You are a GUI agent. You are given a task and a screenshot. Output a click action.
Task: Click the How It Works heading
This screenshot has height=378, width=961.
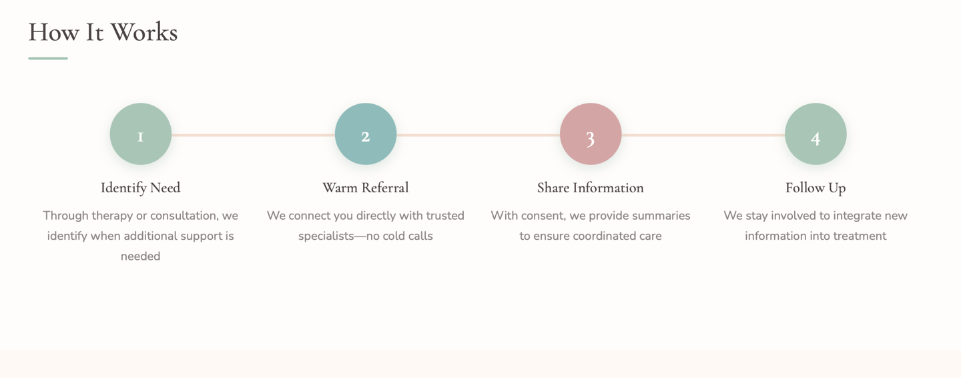103,32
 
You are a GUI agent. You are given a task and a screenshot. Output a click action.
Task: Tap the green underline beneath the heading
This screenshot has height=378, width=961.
48,59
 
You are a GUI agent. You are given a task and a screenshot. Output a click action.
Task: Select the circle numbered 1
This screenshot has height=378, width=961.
141,134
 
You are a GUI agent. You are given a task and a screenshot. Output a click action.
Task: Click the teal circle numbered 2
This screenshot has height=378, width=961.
366,134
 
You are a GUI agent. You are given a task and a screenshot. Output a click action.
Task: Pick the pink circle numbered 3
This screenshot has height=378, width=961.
591,134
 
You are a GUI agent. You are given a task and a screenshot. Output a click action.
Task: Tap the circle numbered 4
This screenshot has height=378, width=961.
816,134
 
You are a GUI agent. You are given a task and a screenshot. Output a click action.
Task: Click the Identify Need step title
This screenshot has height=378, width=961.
141,188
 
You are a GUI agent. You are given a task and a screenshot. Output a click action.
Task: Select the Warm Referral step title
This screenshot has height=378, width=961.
366,188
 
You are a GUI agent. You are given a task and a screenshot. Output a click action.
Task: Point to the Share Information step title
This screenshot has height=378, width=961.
591,188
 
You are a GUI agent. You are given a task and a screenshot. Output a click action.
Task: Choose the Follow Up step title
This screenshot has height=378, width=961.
816,188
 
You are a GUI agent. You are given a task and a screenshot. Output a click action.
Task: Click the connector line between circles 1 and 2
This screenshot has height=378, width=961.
254,135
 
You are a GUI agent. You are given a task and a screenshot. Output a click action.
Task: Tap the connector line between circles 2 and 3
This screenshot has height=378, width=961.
478,135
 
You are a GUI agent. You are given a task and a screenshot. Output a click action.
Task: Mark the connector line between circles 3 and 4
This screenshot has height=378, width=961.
703,135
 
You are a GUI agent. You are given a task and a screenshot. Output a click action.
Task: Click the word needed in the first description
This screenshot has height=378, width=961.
141,256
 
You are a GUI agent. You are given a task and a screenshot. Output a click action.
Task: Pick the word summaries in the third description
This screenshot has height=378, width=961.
663,216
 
